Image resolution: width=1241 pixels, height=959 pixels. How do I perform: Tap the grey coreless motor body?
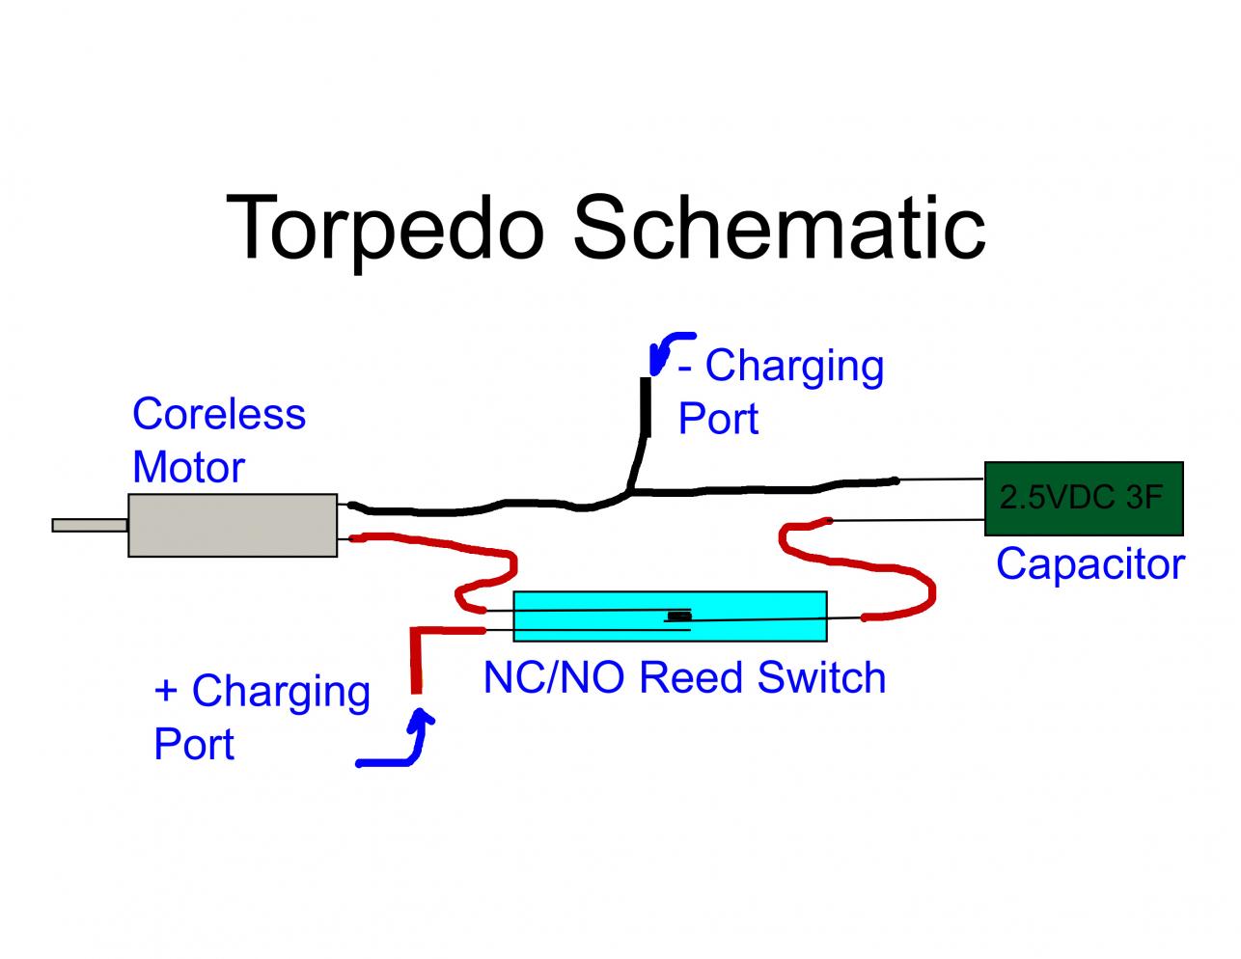pos(233,525)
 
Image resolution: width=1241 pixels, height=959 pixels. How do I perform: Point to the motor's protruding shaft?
pos(90,525)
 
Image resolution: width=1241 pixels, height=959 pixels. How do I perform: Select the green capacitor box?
pos(1084,499)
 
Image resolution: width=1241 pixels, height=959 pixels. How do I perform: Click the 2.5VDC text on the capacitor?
pos(1053,497)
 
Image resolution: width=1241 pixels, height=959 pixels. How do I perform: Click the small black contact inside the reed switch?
pos(679,616)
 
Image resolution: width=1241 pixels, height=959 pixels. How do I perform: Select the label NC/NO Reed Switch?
pos(684,677)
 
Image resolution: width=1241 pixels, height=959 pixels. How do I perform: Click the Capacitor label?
pos(1089,563)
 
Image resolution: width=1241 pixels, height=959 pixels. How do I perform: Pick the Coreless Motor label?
pos(219,440)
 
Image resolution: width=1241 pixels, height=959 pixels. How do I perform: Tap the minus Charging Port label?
pos(780,392)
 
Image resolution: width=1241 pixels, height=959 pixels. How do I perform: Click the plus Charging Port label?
pos(262,717)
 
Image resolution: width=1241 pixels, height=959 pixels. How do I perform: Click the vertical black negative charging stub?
pos(644,410)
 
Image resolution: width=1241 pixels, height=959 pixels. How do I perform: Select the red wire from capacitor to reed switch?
pos(869,569)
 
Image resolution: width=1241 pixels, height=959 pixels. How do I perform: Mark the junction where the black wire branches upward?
pos(629,494)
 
